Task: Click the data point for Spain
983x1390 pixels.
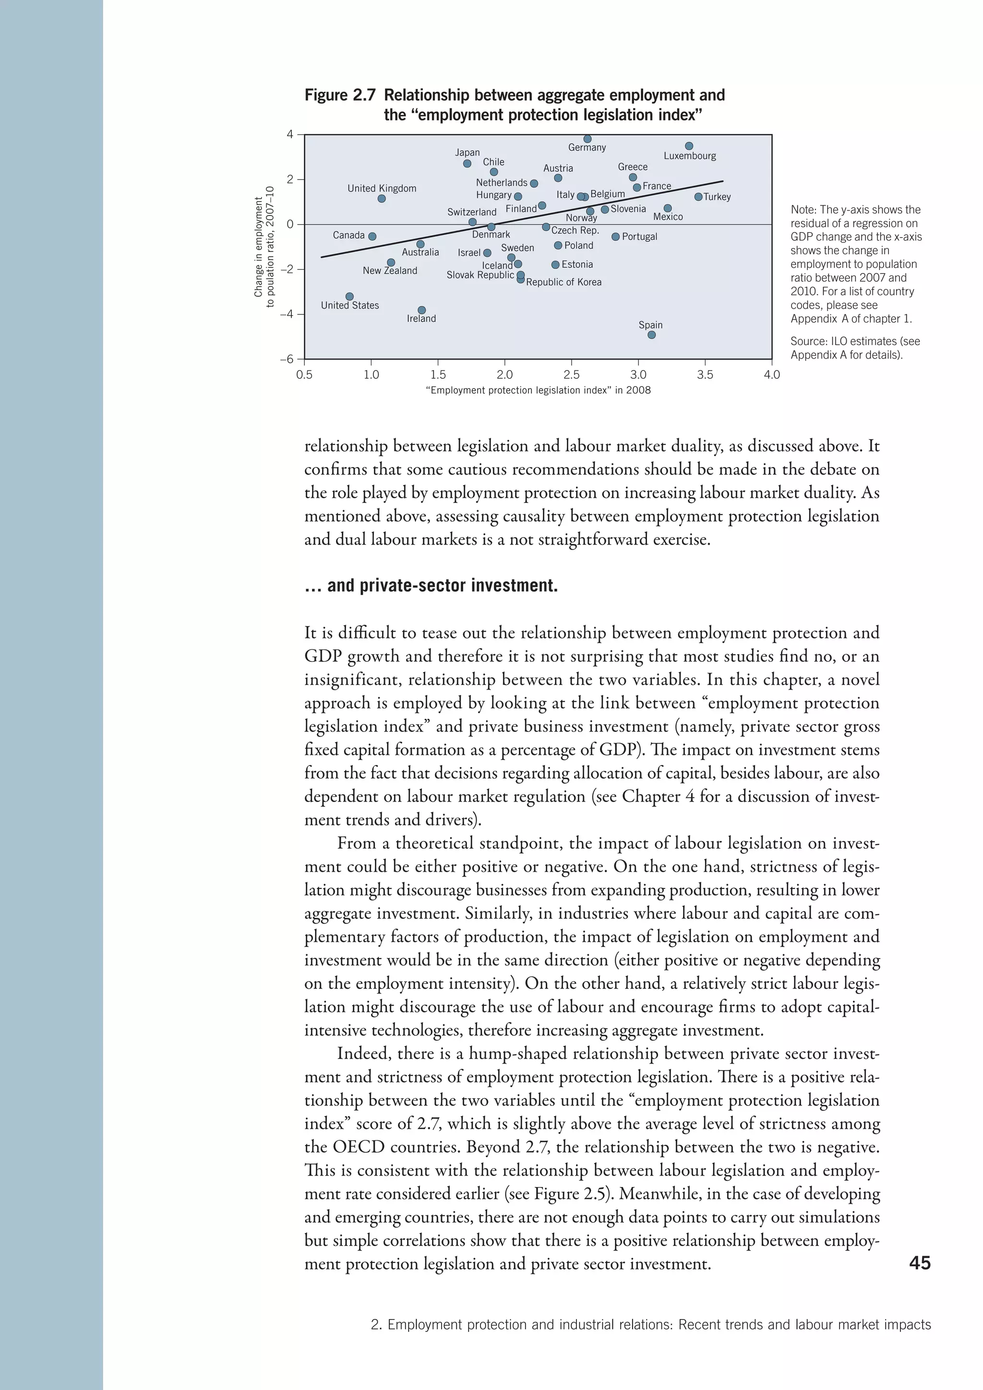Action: tap(651, 335)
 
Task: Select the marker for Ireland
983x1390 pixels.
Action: tap(422, 310)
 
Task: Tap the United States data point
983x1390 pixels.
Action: tap(349, 297)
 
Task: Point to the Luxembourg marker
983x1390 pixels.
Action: tap(689, 146)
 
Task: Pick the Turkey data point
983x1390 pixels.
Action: tap(698, 197)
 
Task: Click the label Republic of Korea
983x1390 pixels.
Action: tap(563, 282)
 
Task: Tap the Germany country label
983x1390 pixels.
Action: tap(587, 148)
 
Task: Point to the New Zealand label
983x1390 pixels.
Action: tap(390, 271)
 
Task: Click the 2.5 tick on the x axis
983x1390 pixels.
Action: tap(571, 375)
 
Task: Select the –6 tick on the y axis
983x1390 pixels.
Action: tap(286, 359)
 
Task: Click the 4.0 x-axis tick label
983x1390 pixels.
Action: tap(772, 375)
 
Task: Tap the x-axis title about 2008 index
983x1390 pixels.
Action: tap(538, 391)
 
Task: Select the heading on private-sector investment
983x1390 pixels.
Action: tap(431, 586)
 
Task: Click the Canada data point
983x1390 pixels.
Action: tap(372, 236)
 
